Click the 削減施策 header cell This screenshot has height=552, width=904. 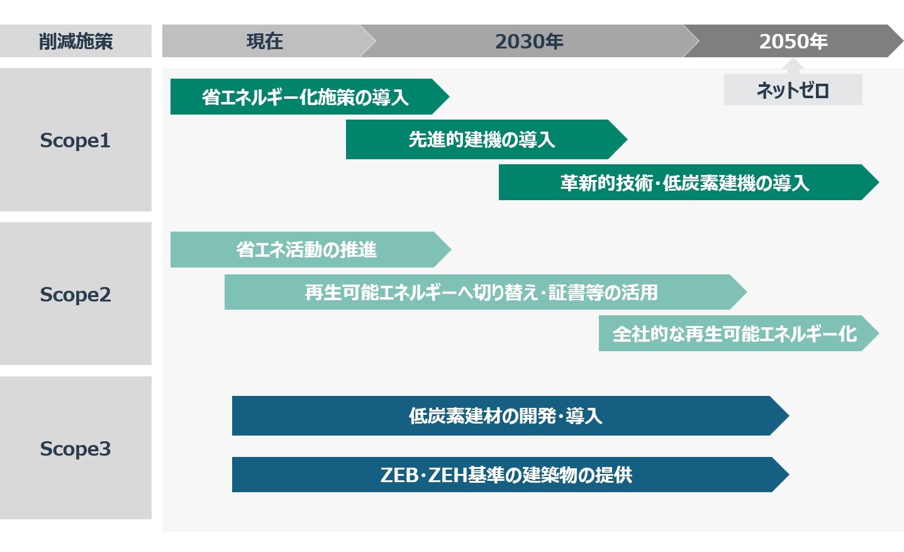coord(75,41)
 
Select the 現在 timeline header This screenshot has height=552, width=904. coord(265,41)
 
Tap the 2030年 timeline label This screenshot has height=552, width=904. coord(529,41)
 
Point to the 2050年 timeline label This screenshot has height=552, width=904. coord(793,41)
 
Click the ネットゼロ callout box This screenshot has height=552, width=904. coord(793,89)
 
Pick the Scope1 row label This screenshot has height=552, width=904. coord(75,140)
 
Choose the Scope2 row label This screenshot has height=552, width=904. coord(75,293)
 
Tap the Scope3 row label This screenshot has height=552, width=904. coord(75,448)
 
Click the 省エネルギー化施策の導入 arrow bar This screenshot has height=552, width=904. coord(310,96)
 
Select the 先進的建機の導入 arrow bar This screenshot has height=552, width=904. coord(486,139)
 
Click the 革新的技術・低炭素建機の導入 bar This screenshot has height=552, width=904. coord(688,182)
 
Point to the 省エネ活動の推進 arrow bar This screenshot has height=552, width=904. coord(311,249)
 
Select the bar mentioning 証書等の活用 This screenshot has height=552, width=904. coord(486,292)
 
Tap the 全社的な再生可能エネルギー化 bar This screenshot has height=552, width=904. coord(739,333)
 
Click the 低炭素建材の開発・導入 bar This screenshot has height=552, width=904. coord(510,415)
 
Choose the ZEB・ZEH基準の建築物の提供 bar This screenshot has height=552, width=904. coord(510,475)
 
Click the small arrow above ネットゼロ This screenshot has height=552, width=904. coord(793,66)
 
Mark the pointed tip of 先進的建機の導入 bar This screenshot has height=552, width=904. coord(627,139)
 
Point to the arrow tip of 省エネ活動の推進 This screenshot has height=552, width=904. coord(451,249)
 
